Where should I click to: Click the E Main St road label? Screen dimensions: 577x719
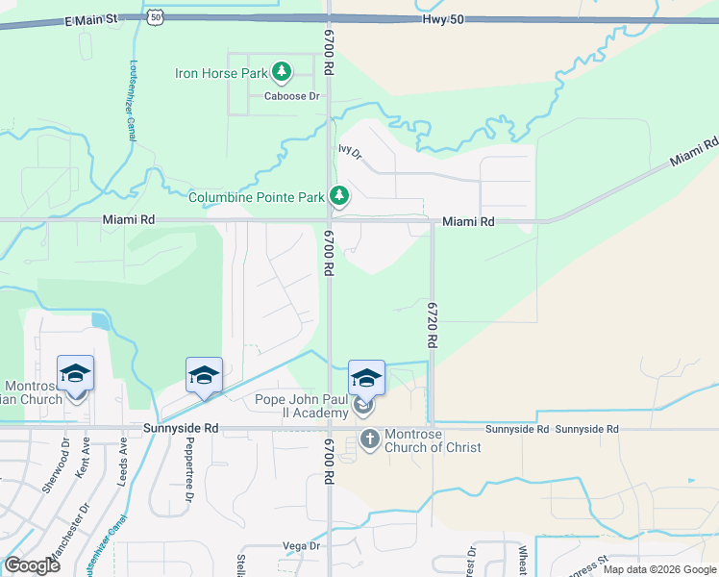pyautogui.click(x=90, y=19)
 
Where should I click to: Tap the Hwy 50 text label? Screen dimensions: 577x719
pyautogui.click(x=443, y=19)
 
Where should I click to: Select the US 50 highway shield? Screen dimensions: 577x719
pyautogui.click(x=156, y=16)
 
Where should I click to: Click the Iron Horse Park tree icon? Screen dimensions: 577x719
pyautogui.click(x=282, y=71)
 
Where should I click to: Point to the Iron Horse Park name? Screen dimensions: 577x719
pyautogui.click(x=221, y=72)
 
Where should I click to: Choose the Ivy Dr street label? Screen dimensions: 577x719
pyautogui.click(x=349, y=151)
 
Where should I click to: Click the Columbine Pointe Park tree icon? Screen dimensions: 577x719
pyautogui.click(x=338, y=196)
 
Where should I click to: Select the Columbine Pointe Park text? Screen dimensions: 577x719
pyautogui.click(x=256, y=197)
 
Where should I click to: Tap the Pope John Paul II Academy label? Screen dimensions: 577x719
pyautogui.click(x=301, y=406)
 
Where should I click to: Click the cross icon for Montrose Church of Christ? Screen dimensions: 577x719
pyautogui.click(x=369, y=439)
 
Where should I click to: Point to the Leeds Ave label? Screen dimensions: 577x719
pyautogui.click(x=123, y=462)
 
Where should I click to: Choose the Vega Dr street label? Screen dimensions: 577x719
pyautogui.click(x=301, y=545)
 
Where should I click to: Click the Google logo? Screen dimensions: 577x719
pyautogui.click(x=32, y=564)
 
